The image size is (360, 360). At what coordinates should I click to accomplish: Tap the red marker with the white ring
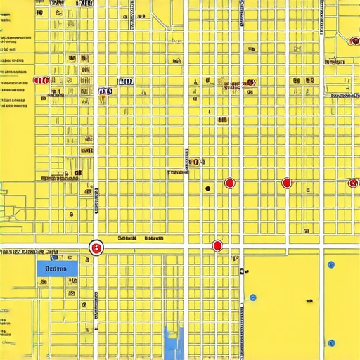(x=97, y=247)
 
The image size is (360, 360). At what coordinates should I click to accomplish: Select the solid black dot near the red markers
(x=207, y=188)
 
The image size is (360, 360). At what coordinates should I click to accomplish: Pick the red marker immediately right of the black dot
(x=229, y=184)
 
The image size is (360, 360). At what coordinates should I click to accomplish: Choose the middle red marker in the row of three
(x=286, y=184)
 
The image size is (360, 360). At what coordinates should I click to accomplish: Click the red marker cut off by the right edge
(x=354, y=184)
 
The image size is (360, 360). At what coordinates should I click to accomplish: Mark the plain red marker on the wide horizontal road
(x=217, y=245)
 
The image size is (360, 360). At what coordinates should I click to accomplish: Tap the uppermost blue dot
(x=330, y=264)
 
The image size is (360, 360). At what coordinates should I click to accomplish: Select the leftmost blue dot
(x=252, y=297)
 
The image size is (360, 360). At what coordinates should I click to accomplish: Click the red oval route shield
(x=41, y=81)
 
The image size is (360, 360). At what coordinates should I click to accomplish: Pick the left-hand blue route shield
(x=105, y=91)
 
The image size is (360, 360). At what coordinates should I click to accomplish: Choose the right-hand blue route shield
(x=126, y=82)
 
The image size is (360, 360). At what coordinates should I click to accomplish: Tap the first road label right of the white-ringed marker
(x=127, y=238)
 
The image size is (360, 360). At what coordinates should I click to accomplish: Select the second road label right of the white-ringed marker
(x=153, y=238)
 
